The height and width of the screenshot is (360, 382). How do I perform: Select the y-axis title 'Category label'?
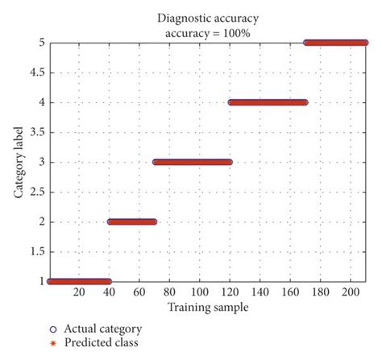point(17,161)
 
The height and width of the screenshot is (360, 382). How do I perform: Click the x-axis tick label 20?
point(78,293)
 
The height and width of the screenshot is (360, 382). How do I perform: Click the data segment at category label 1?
point(79,281)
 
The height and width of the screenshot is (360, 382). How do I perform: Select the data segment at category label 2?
point(131,221)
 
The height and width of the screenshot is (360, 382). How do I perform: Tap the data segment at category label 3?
point(192,162)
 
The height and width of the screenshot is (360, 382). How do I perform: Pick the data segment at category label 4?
point(268,102)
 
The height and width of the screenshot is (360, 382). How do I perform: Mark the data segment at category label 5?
point(335,43)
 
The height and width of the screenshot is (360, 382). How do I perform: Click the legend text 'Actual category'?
point(105,329)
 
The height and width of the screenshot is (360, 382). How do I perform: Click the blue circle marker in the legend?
point(53,329)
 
